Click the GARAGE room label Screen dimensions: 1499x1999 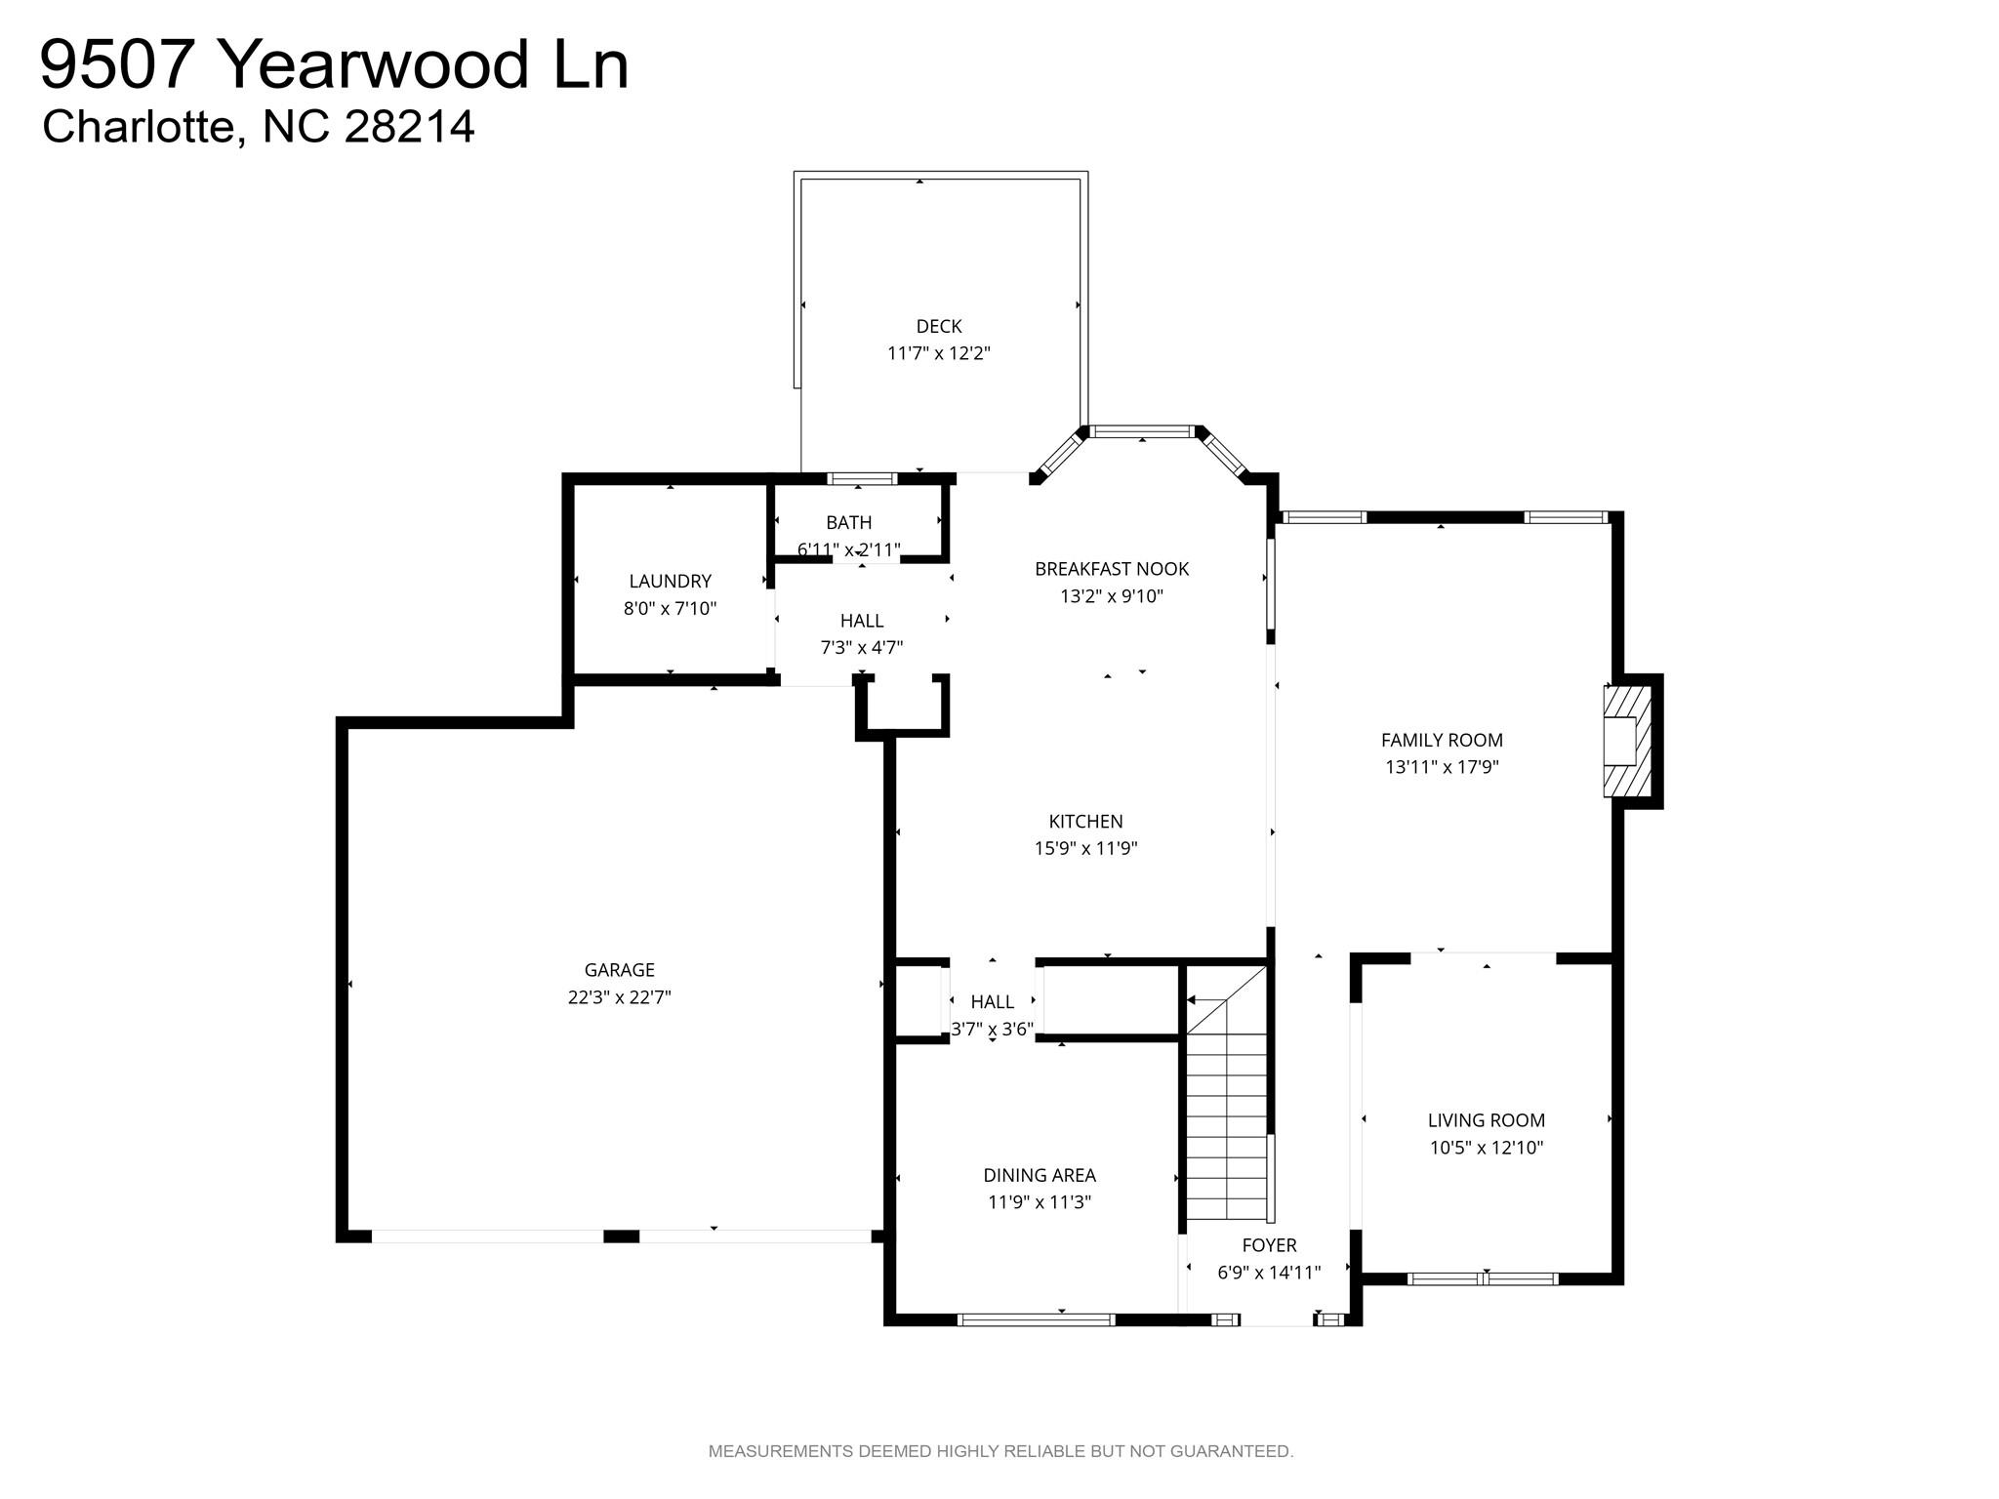(619, 970)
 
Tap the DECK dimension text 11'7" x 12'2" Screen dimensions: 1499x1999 (938, 353)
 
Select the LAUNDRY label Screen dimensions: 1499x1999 (670, 582)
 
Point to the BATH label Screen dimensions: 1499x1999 (848, 523)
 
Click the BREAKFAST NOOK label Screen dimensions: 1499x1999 (1112, 569)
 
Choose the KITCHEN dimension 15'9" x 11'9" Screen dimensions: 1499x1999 (1085, 849)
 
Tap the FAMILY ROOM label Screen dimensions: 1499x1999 (1442, 741)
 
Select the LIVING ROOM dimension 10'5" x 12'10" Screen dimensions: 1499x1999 (1486, 1149)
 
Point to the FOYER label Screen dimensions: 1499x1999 (1269, 1245)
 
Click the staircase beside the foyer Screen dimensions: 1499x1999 (1226, 1122)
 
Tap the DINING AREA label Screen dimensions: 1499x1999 (1039, 1176)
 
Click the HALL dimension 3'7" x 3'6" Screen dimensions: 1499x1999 (992, 1030)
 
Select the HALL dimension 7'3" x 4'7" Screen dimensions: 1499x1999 (861, 648)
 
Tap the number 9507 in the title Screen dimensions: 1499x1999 (114, 65)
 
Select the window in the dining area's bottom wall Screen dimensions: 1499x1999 (1036, 1320)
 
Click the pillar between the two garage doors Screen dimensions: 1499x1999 (621, 1236)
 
